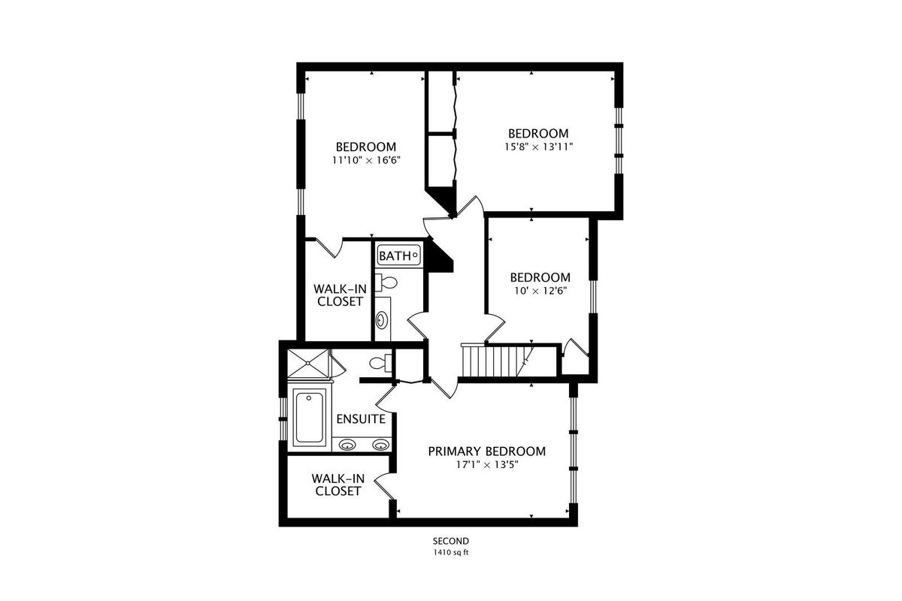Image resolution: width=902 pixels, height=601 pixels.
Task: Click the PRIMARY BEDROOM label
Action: click(487, 452)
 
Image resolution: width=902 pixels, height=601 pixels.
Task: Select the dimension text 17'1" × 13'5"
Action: click(487, 465)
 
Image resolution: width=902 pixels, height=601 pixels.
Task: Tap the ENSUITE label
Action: click(361, 419)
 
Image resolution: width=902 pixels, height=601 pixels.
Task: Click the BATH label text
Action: click(395, 255)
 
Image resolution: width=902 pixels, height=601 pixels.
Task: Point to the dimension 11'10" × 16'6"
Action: click(366, 160)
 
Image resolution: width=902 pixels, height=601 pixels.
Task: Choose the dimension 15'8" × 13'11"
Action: click(538, 147)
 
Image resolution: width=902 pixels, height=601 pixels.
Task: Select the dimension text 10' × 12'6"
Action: click(540, 291)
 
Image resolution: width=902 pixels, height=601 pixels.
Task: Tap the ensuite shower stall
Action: click(308, 364)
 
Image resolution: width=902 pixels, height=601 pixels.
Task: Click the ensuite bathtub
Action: click(309, 417)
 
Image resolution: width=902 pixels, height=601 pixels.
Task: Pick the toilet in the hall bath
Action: click(386, 282)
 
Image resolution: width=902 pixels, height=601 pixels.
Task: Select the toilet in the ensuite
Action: click(380, 364)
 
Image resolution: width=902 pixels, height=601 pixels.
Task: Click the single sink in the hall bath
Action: click(381, 321)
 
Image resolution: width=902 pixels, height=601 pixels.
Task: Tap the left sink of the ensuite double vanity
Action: click(347, 445)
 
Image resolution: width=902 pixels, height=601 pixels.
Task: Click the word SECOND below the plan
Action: click(451, 541)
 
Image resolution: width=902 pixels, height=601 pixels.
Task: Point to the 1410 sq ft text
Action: click(451, 552)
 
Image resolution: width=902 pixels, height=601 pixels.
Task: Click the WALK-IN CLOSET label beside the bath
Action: click(340, 295)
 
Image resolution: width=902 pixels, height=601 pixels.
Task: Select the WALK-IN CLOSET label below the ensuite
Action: click(337, 485)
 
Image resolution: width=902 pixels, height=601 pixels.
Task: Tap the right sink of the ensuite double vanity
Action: click(380, 445)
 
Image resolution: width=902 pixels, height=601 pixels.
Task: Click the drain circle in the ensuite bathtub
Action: click(309, 398)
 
